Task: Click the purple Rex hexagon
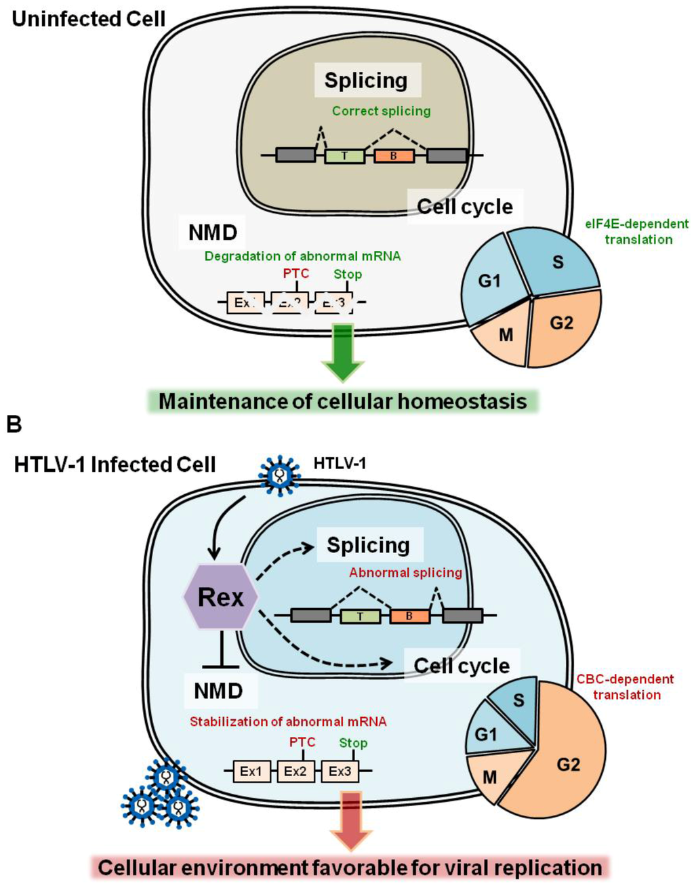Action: tap(221, 597)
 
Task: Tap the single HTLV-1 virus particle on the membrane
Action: tap(279, 475)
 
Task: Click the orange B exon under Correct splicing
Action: tap(393, 156)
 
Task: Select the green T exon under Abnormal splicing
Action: tap(359, 616)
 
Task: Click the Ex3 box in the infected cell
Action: tap(340, 771)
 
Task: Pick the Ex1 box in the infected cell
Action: tap(251, 771)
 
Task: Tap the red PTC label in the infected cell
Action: tap(302, 742)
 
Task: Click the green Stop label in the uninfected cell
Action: tap(347, 275)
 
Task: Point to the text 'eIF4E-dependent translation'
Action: tap(637, 231)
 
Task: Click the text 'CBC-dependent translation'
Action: tap(625, 687)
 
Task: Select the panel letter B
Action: tap(14, 424)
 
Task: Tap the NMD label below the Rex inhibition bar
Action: tap(218, 691)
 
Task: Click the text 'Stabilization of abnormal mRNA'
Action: tap(288, 721)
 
